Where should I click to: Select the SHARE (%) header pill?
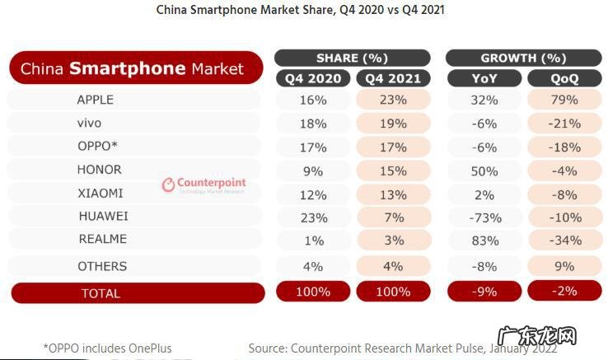point(352,58)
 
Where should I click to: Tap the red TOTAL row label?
point(101,293)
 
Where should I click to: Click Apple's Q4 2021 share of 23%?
point(393,100)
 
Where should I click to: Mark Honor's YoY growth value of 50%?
point(484,171)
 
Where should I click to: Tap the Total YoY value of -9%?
point(484,292)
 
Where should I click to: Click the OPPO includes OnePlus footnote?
point(107,348)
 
